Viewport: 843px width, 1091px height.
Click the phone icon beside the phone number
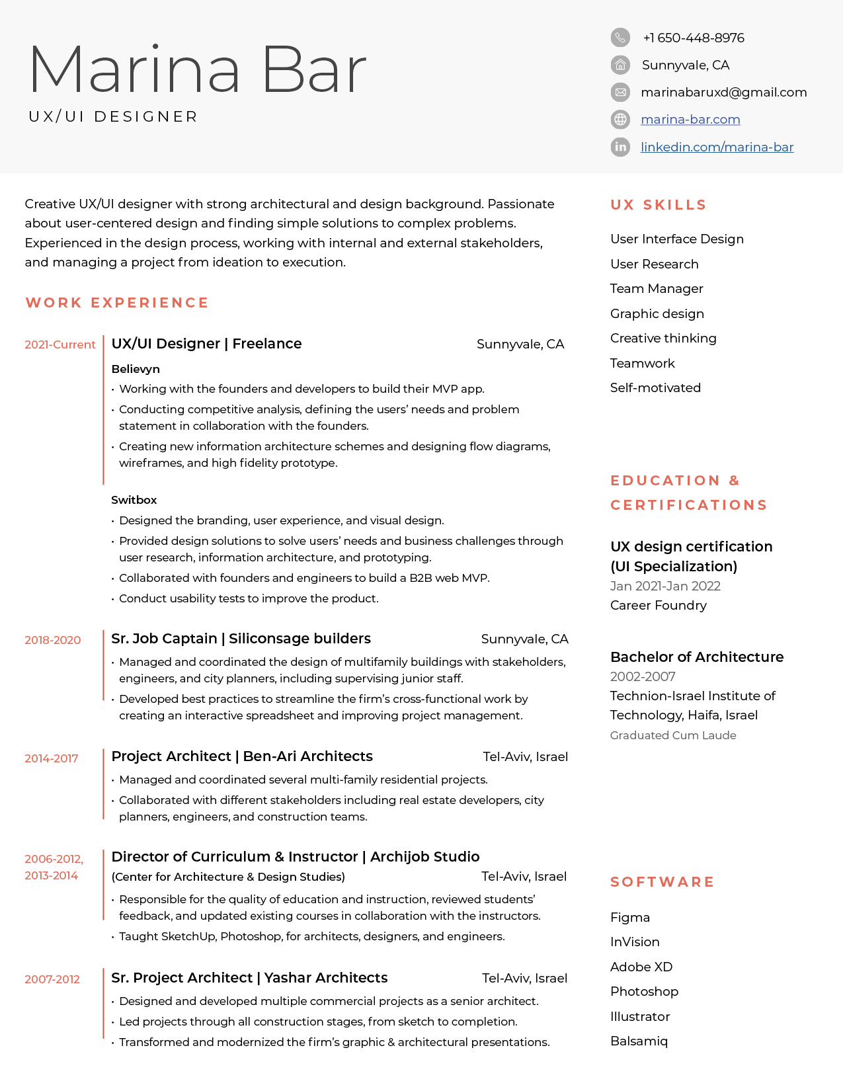(x=620, y=38)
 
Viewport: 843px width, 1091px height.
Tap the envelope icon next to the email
(x=620, y=92)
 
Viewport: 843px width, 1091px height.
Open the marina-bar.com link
(x=690, y=120)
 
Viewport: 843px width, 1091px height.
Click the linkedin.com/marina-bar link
(x=717, y=147)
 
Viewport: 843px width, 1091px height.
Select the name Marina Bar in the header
(x=197, y=69)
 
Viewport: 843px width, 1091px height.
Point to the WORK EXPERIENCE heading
(x=117, y=303)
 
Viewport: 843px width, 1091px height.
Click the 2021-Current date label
(x=60, y=344)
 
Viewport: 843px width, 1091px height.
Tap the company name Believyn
(x=136, y=369)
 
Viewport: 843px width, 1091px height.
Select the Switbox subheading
(x=134, y=500)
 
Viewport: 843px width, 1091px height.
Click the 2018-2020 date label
(x=53, y=640)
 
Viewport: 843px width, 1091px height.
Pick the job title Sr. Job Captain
(x=164, y=639)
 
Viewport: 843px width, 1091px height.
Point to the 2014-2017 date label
(x=52, y=758)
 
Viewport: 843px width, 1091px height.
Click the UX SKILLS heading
(x=659, y=205)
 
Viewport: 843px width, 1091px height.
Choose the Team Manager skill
(x=657, y=289)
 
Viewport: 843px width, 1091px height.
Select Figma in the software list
(x=630, y=918)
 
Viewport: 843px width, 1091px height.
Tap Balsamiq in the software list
(x=639, y=1041)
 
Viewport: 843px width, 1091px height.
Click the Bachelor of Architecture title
(x=697, y=657)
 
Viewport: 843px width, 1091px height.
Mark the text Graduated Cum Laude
(x=673, y=735)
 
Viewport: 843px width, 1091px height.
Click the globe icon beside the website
(x=620, y=120)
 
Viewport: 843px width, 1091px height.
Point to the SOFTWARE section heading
(x=662, y=882)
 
